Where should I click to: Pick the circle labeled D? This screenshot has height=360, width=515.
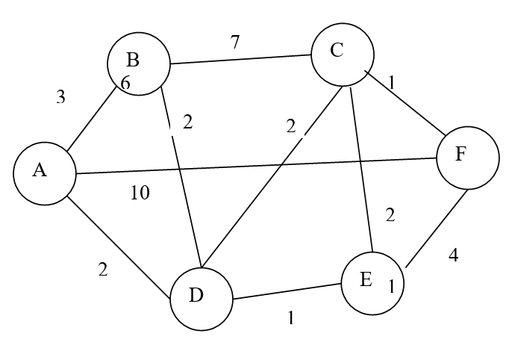pyautogui.click(x=200, y=297)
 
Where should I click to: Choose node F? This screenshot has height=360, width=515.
pyautogui.click(x=467, y=158)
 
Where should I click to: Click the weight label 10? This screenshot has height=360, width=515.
pyautogui.click(x=140, y=193)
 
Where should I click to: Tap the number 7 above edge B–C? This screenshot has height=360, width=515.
pyautogui.click(x=235, y=42)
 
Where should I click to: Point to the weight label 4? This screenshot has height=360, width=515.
pyautogui.click(x=453, y=255)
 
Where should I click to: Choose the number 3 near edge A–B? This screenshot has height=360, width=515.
pyautogui.click(x=61, y=97)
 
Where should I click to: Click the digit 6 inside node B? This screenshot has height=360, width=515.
pyautogui.click(x=125, y=83)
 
